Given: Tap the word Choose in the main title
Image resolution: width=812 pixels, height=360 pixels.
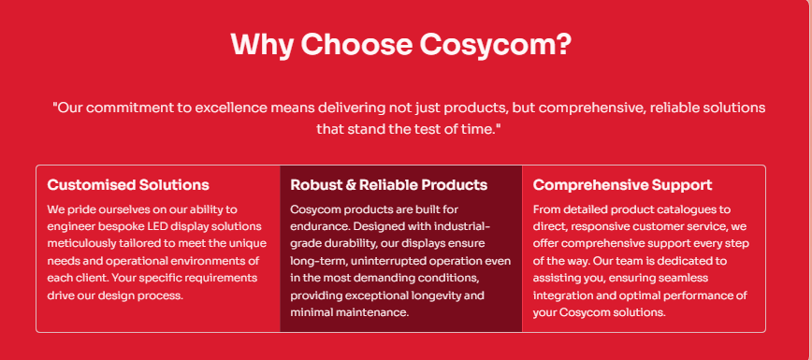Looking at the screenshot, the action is coord(356,45).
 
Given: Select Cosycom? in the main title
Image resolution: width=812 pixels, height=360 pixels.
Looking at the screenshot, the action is coord(496,45).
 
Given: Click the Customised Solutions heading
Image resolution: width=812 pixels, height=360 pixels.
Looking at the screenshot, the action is coord(128,185).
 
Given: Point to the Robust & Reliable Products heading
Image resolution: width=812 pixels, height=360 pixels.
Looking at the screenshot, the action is coord(389,185).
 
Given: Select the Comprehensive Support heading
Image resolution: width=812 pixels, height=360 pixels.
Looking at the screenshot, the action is coord(622,185).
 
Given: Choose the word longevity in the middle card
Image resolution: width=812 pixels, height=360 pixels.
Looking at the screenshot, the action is coord(446,295).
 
